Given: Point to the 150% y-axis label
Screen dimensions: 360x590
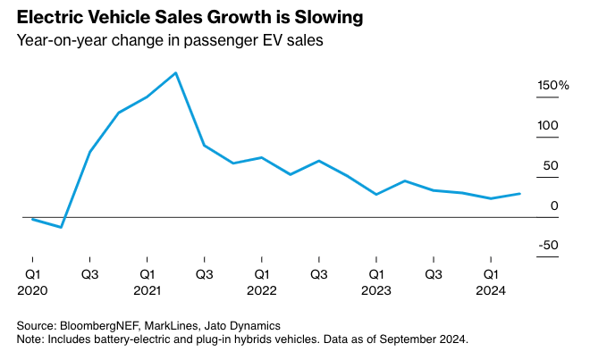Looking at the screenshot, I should point(552,86).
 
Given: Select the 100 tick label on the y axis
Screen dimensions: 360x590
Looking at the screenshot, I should point(547,126).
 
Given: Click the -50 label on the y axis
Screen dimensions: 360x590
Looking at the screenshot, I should point(547,246).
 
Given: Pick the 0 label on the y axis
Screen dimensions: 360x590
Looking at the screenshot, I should point(554,206).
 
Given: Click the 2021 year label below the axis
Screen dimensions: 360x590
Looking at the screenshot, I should point(147,290).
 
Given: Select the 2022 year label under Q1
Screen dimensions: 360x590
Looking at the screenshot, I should point(261,290).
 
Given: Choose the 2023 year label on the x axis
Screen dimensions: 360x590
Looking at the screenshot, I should point(376,290).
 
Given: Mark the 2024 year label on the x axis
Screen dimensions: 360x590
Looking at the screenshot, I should point(491,290).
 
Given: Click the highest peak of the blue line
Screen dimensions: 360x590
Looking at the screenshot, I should point(175,72).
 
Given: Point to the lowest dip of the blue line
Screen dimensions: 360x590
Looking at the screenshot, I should point(61,228).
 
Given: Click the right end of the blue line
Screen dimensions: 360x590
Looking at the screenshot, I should point(520,193).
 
